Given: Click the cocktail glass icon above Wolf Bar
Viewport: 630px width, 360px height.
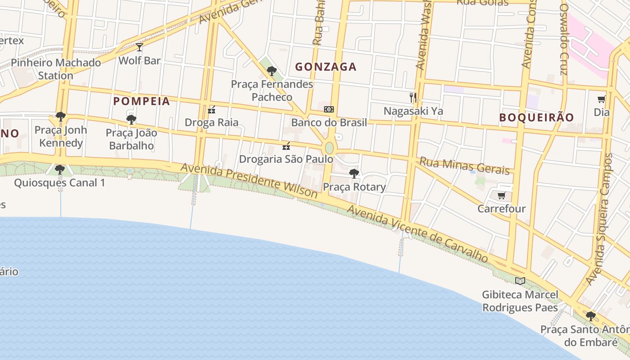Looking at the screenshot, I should pos(139,47).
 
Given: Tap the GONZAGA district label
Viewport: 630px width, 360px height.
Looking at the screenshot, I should pos(326,67).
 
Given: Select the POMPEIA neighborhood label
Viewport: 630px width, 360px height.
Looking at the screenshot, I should pos(142,101).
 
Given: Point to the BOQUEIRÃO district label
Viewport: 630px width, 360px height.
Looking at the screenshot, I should pos(536,117).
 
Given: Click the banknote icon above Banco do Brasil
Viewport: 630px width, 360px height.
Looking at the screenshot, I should pos(329,109).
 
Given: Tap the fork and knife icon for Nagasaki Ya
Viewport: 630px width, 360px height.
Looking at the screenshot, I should pos(413,97).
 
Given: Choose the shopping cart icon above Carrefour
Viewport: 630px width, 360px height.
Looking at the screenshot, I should pos(501,195).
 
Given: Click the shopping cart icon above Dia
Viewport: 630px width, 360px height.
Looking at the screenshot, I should pos(601,99).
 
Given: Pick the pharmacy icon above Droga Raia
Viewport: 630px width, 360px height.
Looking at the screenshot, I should pos(211,109).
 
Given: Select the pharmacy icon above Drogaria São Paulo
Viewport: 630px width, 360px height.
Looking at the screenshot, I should pos(286,146).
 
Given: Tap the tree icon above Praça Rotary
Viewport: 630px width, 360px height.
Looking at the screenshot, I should pos(354,173).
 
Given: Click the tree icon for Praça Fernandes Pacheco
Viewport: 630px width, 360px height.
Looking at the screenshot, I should pos(271,71).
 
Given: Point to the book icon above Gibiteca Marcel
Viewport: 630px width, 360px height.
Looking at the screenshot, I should pos(520,281).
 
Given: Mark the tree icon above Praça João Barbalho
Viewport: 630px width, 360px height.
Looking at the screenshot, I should pos(131,119).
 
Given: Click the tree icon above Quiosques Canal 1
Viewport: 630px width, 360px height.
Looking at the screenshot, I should pos(59,170).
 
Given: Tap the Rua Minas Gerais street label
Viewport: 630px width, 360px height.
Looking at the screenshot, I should pos(466,166).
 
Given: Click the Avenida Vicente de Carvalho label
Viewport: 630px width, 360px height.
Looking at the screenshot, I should pos(417,234).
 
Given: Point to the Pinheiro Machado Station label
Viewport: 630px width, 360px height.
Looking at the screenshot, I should pos(56,69).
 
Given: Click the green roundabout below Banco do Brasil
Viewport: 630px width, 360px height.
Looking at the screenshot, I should pos(329,148).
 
